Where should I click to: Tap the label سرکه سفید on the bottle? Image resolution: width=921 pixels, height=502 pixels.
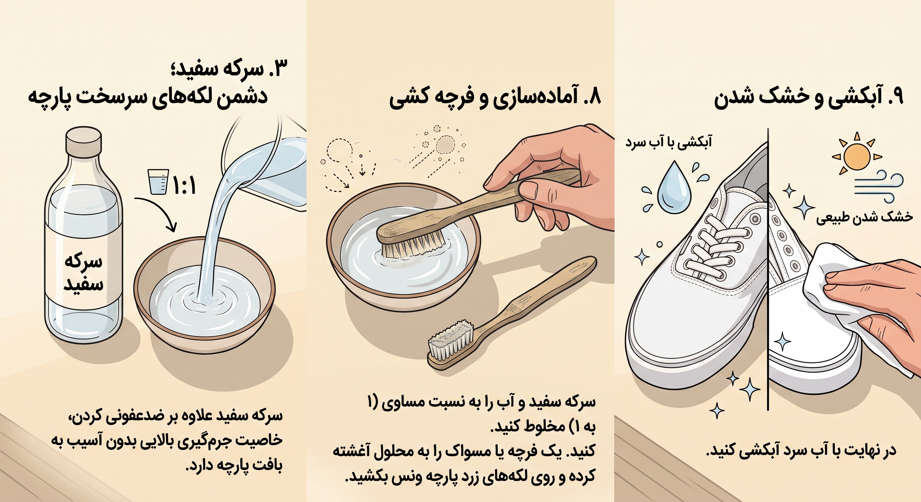(x=84, y=273)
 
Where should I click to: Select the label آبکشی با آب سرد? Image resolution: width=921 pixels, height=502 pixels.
(x=669, y=142)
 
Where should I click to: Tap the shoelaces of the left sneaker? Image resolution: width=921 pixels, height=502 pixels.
(x=706, y=246)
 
